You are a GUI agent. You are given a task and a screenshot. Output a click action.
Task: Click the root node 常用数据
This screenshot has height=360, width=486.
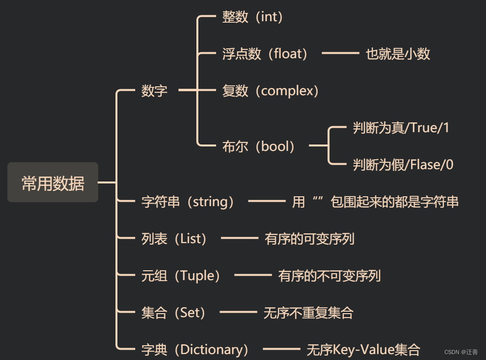(53, 183)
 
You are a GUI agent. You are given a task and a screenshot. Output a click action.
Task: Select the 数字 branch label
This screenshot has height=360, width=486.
(154, 91)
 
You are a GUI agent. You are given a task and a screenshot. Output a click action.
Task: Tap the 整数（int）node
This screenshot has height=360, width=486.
(253, 17)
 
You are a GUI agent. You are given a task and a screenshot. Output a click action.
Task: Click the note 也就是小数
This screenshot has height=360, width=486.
(398, 54)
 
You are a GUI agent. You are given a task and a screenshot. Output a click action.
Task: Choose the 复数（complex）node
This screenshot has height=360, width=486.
(271, 91)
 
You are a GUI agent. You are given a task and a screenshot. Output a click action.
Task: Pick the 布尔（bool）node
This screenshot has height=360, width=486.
(259, 146)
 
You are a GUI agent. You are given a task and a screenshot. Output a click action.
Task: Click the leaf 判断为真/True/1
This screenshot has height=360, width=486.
(401, 128)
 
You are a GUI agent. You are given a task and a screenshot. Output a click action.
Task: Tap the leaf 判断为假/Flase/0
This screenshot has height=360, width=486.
(403, 165)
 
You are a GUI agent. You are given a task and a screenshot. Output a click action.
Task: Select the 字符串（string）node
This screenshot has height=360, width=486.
(188, 202)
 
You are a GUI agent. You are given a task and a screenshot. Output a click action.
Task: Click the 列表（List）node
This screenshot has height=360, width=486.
(175, 239)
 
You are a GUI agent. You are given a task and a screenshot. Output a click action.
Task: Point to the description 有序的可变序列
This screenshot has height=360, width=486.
(309, 239)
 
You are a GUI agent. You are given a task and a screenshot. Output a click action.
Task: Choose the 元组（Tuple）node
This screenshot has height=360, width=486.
(181, 276)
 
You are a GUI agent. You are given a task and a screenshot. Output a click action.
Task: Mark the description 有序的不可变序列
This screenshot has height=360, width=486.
(329, 276)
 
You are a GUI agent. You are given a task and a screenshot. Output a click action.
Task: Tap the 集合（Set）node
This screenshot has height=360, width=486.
(174, 313)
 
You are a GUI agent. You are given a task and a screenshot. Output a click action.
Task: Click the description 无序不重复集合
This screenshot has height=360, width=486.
(308, 313)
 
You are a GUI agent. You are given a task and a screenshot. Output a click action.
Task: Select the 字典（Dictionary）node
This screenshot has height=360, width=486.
(195, 350)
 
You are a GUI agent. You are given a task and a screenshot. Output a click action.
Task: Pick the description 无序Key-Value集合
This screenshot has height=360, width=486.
(363, 350)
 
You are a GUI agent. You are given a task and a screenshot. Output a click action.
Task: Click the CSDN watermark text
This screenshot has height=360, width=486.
(461, 352)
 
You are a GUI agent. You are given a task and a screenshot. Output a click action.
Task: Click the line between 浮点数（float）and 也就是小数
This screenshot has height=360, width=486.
(340, 53)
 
